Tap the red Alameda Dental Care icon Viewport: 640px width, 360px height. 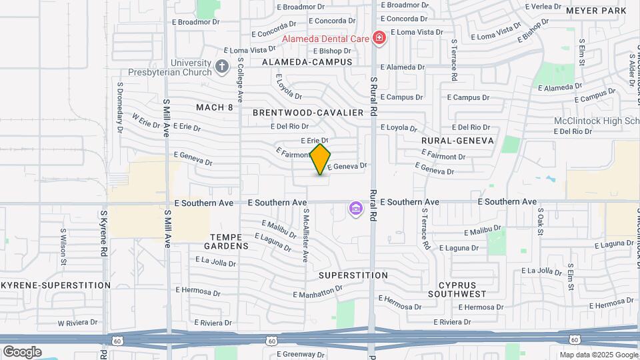tap(379, 38)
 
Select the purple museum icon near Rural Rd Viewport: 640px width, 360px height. tap(355, 210)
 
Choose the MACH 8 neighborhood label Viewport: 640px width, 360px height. tap(215, 107)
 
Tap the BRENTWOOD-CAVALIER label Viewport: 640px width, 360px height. tap(308, 113)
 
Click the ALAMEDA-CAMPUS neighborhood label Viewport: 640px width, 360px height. tap(307, 61)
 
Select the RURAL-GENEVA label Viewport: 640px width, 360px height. tap(457, 141)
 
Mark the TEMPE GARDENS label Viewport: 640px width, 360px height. tap(229, 241)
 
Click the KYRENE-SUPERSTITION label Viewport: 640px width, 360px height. tap(55, 285)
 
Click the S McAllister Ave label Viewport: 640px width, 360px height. tap(306, 235)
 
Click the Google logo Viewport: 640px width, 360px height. tap(22, 351)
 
